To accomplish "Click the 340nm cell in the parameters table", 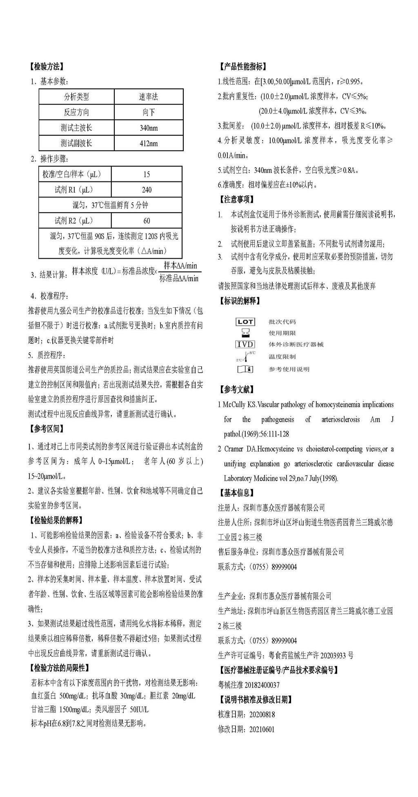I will (149, 128).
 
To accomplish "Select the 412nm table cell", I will (149, 143).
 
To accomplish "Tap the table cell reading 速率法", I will (149, 97).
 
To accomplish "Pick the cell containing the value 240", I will (147, 190).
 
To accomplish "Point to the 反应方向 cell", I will (76, 112).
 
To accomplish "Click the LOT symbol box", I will (245, 322).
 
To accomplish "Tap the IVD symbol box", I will (245, 344).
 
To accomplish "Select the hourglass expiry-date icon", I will (245, 333).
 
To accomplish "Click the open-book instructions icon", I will (245, 369).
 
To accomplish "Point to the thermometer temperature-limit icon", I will (246, 356).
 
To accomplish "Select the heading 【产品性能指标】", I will (242, 66).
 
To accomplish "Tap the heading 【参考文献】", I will (236, 389).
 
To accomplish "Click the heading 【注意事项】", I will (236, 199).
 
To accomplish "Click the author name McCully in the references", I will (233, 405).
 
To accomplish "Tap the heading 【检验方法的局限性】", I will (59, 668).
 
